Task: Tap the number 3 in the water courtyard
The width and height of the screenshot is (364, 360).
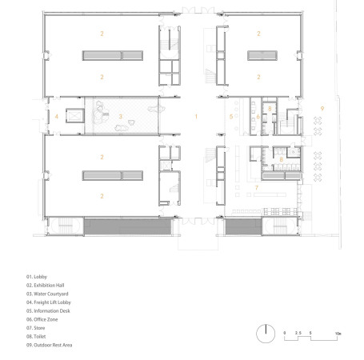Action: [121, 117]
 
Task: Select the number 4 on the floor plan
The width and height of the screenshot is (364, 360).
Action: [57, 117]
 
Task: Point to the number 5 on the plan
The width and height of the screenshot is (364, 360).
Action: [230, 117]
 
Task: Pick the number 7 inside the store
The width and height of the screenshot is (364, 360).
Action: [256, 187]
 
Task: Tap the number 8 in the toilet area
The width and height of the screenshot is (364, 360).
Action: [282, 160]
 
